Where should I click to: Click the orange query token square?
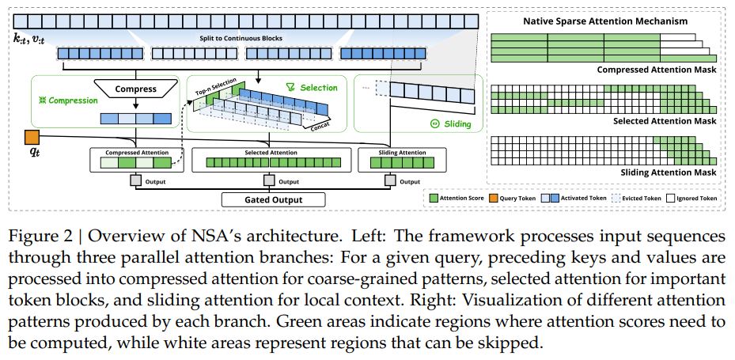(x=32, y=137)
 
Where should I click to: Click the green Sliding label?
(x=450, y=123)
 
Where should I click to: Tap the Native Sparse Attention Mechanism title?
(x=604, y=21)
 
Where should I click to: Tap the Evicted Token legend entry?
(x=637, y=199)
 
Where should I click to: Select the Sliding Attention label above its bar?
(x=390, y=153)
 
